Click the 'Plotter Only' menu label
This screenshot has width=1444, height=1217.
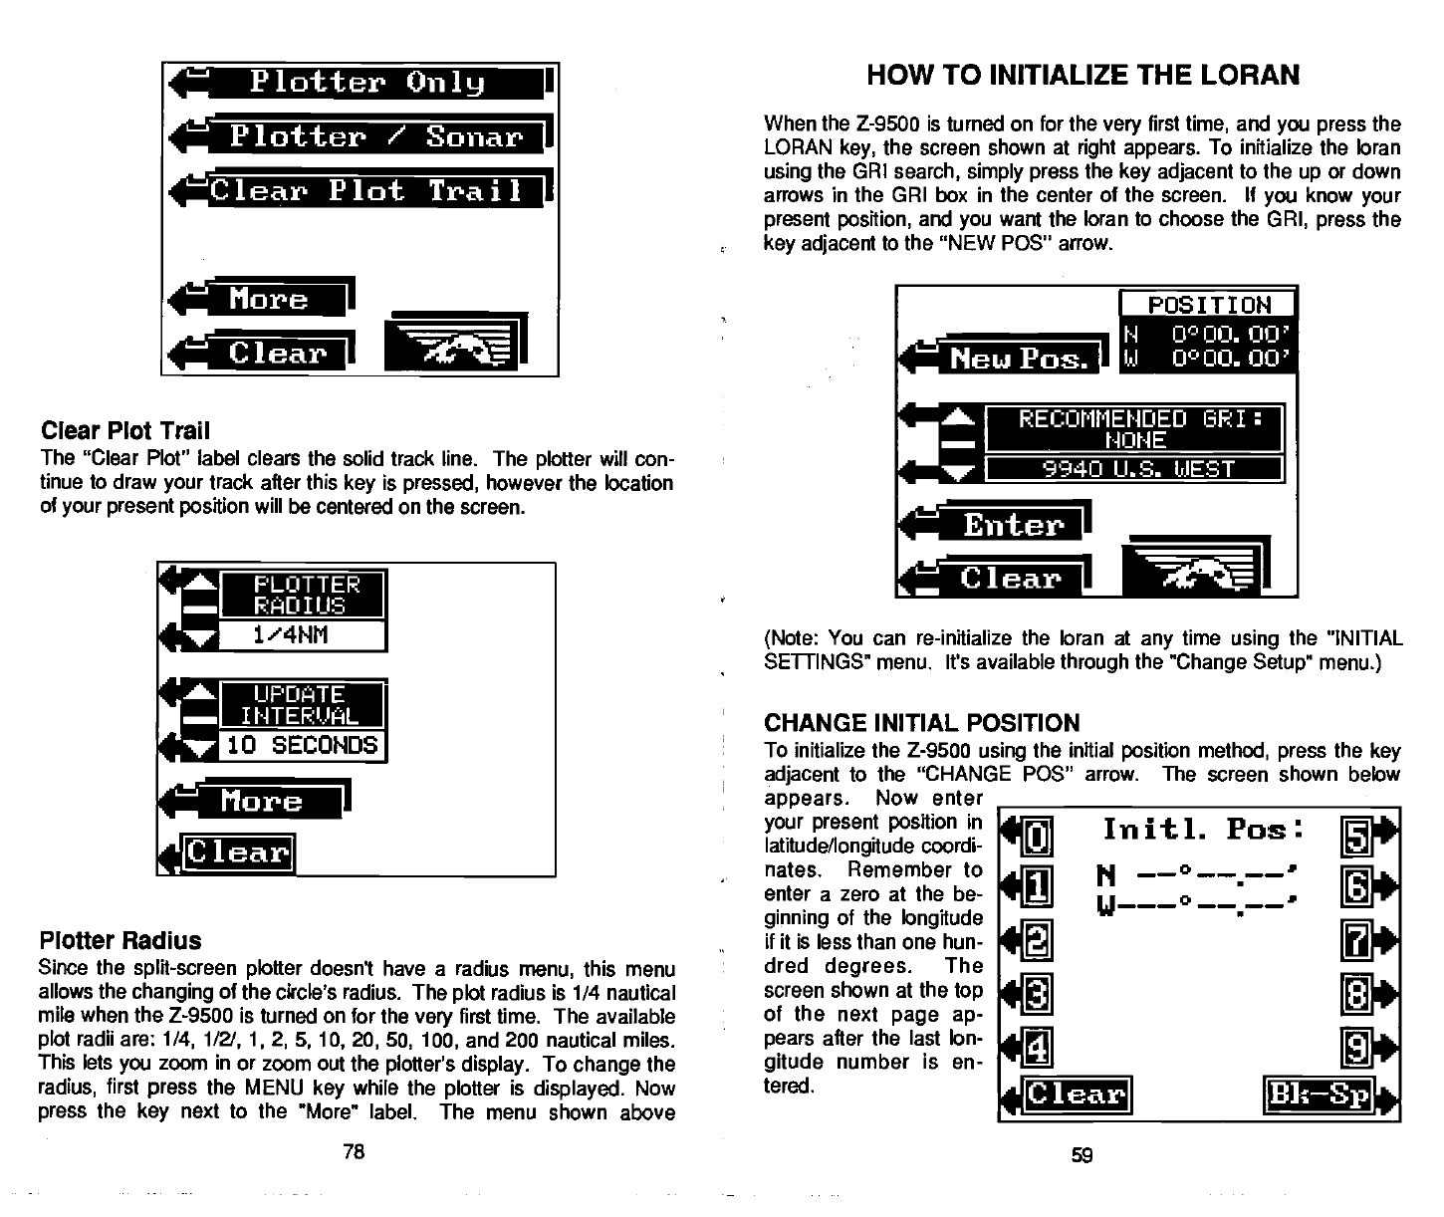(x=366, y=82)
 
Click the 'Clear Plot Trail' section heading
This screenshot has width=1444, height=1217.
(x=125, y=431)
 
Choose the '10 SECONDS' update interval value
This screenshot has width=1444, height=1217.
(x=301, y=745)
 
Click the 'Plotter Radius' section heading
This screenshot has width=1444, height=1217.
(x=120, y=941)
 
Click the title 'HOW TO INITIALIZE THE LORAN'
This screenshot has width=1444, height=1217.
(x=1083, y=75)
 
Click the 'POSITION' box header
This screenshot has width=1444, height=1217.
(x=1209, y=305)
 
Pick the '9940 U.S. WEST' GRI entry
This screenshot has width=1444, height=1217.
(x=1134, y=469)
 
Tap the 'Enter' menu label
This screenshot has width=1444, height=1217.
(x=1013, y=524)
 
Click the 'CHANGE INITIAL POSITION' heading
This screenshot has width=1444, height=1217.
(x=921, y=723)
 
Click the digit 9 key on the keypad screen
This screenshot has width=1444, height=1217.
(x=1355, y=1045)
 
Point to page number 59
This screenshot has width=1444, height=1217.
(x=1082, y=1155)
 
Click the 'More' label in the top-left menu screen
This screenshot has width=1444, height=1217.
(x=268, y=299)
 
